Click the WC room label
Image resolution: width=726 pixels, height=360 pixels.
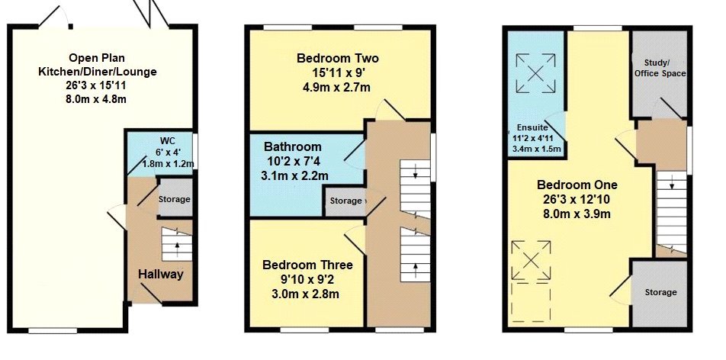(x=167, y=140)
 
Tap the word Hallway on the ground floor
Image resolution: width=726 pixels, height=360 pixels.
(x=161, y=274)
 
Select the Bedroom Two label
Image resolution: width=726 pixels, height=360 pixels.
(x=337, y=59)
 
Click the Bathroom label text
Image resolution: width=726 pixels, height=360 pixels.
(x=293, y=146)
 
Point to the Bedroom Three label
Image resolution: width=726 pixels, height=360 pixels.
(x=307, y=265)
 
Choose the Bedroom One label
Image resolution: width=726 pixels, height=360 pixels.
(x=577, y=185)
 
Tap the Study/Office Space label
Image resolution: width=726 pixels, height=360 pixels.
(x=660, y=68)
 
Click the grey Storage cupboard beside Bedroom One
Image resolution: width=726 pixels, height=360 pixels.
(x=660, y=292)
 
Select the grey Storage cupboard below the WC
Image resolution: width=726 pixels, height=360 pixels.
(x=175, y=199)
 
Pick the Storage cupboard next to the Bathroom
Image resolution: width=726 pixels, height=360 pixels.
(x=345, y=201)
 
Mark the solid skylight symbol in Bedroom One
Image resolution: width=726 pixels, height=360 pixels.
(x=532, y=259)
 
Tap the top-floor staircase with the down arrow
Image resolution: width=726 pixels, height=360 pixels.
(x=672, y=210)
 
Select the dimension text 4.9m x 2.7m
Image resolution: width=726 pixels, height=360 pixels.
(x=337, y=87)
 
